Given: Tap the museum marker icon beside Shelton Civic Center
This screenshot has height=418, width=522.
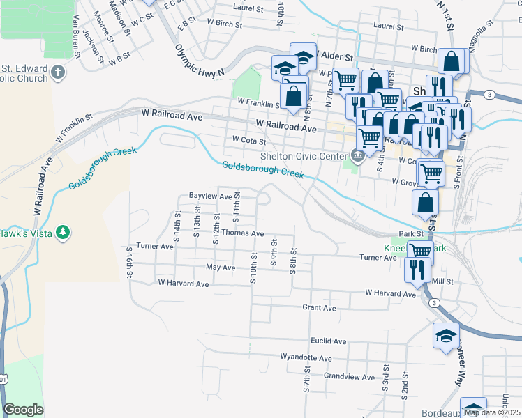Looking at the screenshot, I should pyautogui.click(x=358, y=155).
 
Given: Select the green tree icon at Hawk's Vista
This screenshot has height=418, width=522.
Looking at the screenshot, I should pyautogui.click(x=64, y=232).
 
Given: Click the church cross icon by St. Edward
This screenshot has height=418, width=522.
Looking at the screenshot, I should pyautogui.click(x=57, y=72).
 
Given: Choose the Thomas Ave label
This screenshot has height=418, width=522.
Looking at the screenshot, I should pyautogui.click(x=243, y=233).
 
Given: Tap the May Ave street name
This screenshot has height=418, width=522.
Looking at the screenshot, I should pyautogui.click(x=221, y=267).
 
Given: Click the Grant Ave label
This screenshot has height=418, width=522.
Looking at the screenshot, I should pyautogui.click(x=319, y=307).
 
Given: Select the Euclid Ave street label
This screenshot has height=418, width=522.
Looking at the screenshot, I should pyautogui.click(x=328, y=341).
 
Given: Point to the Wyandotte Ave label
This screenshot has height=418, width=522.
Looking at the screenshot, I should pyautogui.click(x=306, y=357).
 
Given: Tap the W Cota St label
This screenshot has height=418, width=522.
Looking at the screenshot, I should pyautogui.click(x=249, y=141).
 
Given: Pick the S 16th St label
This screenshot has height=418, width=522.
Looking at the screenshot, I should pyautogui.click(x=129, y=263).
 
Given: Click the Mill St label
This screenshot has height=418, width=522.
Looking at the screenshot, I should pyautogui.click(x=443, y=281).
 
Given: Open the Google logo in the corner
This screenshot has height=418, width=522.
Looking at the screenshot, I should pyautogui.click(x=23, y=410).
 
